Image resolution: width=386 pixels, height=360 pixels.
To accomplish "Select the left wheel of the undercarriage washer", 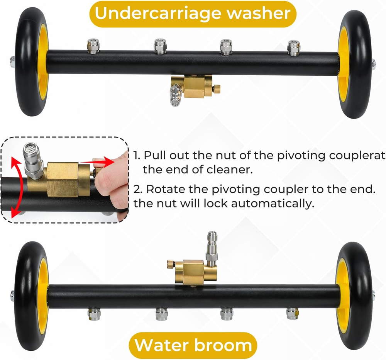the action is click(32, 61).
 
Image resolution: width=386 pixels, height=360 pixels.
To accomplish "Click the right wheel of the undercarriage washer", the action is click(354, 64).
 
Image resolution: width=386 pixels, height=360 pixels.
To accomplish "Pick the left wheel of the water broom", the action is click(32, 296).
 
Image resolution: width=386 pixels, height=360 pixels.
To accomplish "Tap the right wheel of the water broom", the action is click(354, 296).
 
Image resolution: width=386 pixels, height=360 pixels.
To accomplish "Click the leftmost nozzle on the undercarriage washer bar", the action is click(93, 46).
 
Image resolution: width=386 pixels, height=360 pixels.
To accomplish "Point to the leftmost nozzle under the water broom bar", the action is click(94, 314).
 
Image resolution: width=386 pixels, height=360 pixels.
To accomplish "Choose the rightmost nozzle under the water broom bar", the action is click(293, 314).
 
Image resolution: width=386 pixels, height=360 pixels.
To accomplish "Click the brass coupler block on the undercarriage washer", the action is click(195, 87).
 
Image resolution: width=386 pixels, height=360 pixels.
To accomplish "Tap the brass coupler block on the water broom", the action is click(196, 273).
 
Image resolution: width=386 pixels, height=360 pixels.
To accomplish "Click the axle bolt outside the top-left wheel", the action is click(12, 61).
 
